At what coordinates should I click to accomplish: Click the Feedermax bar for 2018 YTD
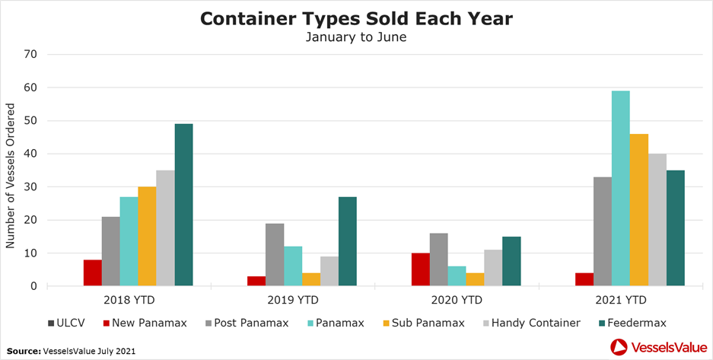[183, 205]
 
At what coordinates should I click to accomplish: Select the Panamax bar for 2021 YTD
[620, 188]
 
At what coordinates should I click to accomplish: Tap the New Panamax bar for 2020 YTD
[420, 269]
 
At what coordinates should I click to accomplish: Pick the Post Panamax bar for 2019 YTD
[275, 254]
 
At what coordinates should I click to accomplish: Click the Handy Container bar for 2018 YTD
[165, 228]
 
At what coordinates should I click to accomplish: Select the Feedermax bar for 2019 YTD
[348, 241]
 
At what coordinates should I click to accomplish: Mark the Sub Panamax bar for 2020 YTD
[475, 279]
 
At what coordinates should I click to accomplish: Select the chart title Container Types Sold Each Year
[357, 18]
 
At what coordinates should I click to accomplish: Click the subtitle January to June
[357, 37]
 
